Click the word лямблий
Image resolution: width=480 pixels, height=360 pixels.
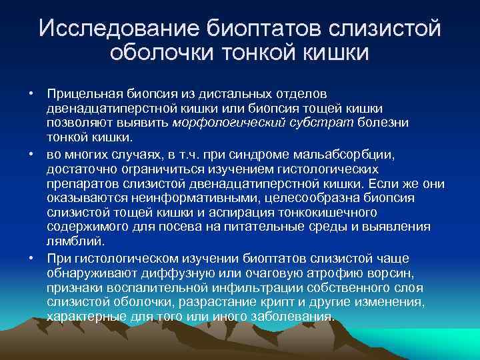point(71,242)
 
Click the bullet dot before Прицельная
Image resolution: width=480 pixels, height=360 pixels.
point(31,93)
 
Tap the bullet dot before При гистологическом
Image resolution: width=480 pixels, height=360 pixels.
point(31,258)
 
